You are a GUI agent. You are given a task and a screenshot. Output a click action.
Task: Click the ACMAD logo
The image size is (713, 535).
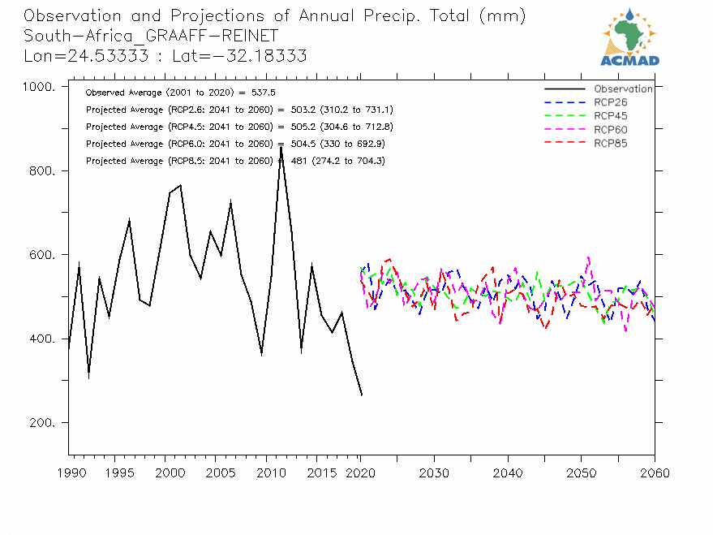(x=629, y=37)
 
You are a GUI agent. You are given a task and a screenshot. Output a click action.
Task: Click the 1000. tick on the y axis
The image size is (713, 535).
(x=38, y=88)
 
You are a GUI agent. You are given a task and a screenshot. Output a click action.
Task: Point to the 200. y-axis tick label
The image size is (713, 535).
(x=41, y=423)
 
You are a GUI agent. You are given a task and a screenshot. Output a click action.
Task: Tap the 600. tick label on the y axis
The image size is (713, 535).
(x=41, y=255)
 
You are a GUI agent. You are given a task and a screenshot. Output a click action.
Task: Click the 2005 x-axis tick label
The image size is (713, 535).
(x=215, y=472)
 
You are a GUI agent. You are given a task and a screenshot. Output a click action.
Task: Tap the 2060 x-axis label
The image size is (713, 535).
(x=654, y=472)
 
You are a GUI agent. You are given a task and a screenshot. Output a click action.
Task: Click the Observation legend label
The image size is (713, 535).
(x=623, y=89)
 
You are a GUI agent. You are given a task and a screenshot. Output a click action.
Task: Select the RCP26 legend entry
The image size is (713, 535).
(x=610, y=102)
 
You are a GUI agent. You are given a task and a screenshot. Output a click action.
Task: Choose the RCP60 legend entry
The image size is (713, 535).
(x=610, y=130)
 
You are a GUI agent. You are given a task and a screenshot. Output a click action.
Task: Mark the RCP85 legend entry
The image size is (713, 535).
(x=610, y=144)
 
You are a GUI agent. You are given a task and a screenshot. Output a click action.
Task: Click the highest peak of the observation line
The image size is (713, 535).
(x=281, y=146)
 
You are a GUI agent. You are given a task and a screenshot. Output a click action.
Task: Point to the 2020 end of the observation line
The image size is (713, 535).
(x=362, y=395)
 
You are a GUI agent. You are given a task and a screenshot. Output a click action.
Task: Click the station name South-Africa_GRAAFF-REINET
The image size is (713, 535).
(x=151, y=36)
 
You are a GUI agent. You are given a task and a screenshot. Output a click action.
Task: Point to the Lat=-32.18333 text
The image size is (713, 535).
(x=252, y=55)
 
